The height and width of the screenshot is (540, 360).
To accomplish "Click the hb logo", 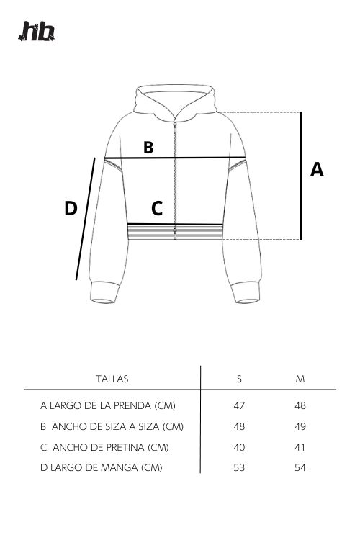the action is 37,32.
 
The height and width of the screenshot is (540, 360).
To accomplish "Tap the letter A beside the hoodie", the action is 317,169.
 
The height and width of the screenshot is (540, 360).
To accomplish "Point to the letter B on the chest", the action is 148,147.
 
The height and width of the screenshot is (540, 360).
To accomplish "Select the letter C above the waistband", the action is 157,208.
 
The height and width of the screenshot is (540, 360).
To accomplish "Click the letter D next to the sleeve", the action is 71,208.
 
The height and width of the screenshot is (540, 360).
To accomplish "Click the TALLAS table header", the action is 112,379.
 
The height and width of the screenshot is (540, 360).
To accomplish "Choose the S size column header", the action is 239,379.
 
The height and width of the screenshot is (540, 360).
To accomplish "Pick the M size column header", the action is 300,379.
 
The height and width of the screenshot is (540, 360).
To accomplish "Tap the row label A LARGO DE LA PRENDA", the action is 108,405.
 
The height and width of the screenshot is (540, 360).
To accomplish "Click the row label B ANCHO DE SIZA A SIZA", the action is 112,426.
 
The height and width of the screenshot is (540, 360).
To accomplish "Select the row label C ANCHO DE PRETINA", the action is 104,447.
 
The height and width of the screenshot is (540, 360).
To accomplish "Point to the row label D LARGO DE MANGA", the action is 102,467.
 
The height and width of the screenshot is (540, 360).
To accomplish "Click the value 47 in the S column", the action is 239,405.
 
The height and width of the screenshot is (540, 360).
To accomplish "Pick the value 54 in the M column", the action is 300,467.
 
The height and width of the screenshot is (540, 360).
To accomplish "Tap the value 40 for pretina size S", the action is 239,447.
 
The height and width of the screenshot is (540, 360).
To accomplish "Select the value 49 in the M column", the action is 300,426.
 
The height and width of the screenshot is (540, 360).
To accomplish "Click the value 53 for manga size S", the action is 239,467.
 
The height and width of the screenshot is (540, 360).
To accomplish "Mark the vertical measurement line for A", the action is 301,176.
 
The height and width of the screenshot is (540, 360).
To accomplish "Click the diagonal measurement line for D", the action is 86,219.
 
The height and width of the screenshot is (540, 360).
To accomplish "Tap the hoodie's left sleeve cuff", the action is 103,293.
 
